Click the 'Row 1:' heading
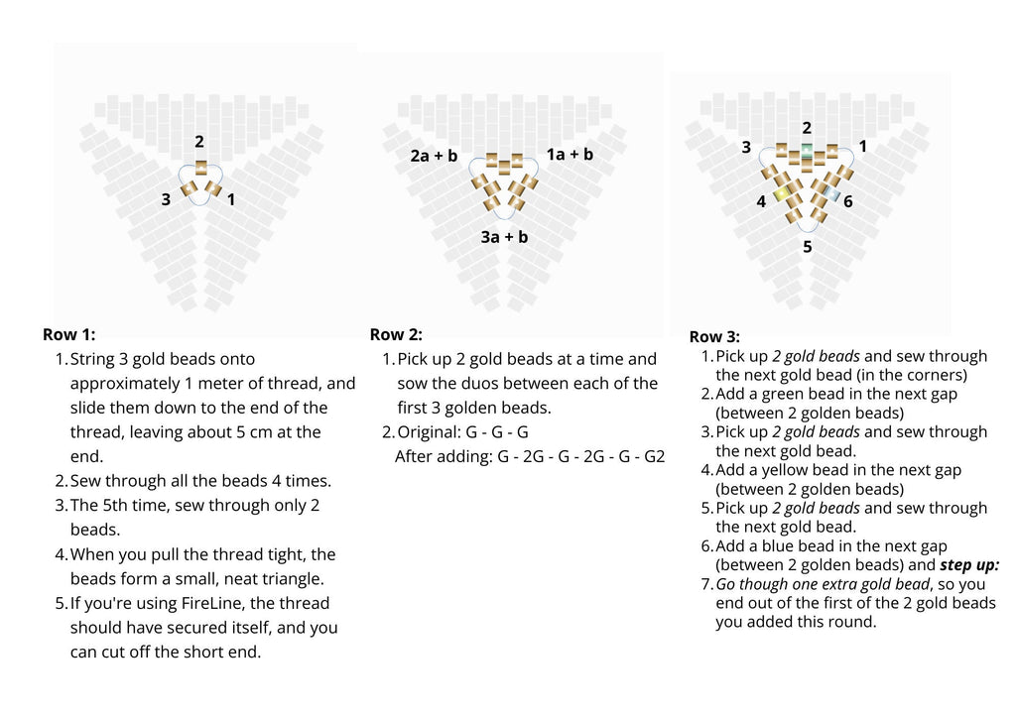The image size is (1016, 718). [68, 334]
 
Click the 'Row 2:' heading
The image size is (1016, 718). [396, 334]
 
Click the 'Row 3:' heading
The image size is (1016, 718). [714, 337]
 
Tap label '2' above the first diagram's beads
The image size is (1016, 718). [199, 142]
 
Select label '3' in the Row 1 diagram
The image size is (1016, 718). [166, 199]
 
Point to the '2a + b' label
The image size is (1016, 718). [434, 156]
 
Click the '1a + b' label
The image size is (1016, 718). [570, 154]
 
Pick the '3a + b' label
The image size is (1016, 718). [504, 237]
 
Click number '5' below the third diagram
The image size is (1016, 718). [807, 247]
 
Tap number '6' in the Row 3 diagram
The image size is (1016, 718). [847, 201]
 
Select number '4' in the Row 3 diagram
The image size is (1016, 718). [761, 201]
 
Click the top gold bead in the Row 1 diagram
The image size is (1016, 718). [200, 167]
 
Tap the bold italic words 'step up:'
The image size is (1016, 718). [970, 565]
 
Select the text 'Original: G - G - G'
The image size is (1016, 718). [462, 431]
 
